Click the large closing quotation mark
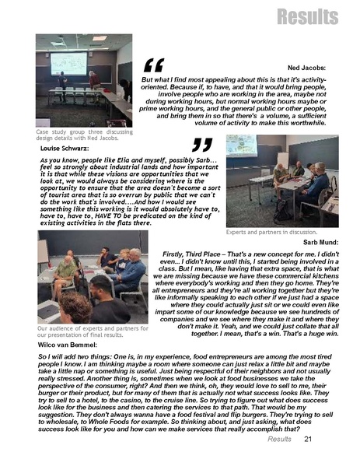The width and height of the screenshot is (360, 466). (201, 145)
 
